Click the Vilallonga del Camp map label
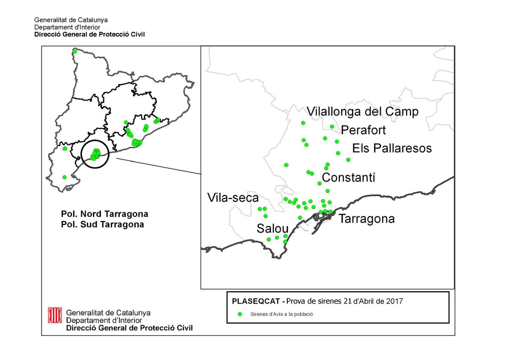(363, 112)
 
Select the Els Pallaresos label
(392, 148)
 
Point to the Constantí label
(349, 177)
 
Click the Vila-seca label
(233, 198)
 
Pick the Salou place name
(272, 228)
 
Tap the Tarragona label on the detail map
(367, 219)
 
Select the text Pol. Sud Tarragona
(102, 224)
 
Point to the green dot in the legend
(240, 315)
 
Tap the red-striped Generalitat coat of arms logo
(53, 315)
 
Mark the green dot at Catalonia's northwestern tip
(75, 51)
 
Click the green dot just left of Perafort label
(332, 127)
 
